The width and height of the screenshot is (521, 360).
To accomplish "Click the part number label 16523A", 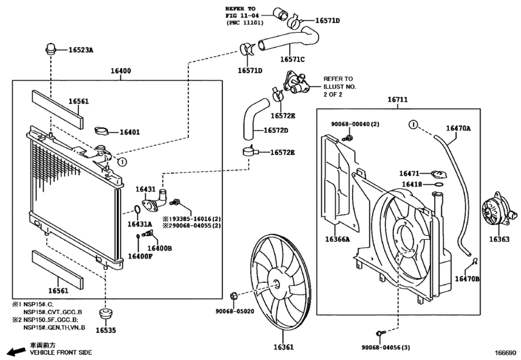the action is coord(81,50).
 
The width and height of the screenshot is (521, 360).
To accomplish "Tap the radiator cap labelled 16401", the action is coord(102,130).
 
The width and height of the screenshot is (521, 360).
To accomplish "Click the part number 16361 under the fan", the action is coord(283,347).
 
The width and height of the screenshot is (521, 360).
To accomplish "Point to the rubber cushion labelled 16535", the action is coord(106,314).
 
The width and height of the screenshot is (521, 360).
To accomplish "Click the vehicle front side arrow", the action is coord(17,352).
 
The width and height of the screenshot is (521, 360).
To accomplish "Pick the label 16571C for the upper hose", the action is coord(292,60).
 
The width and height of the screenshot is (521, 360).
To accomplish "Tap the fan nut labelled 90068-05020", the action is coord(233,295).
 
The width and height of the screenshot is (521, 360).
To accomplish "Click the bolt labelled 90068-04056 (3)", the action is coord(380,333).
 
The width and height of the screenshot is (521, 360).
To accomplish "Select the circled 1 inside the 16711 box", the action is coord(412,125).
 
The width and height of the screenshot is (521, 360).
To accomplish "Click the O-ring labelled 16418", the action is coord(439,184).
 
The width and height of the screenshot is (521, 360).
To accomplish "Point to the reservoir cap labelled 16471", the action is coord(439,174).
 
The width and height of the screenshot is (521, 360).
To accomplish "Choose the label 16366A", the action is coord(337,239).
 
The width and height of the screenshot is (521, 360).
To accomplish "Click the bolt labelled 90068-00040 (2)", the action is coord(349,138).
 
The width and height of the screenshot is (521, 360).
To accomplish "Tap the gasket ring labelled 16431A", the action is coord(137,210).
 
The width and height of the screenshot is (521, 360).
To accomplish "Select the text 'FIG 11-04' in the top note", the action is coord(240,15).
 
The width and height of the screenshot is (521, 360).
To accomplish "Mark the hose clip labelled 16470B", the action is coord(475,260).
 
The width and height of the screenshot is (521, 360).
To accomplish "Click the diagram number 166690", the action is coord(506,352).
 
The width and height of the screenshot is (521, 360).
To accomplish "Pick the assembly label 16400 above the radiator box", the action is coord(121,71).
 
